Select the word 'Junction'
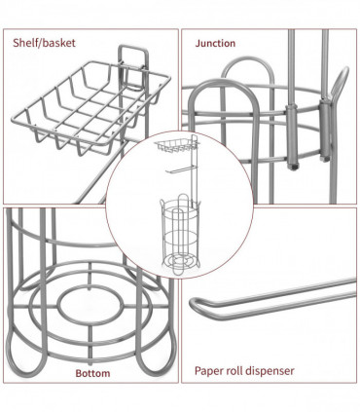[215, 43]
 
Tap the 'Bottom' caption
[94, 371]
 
